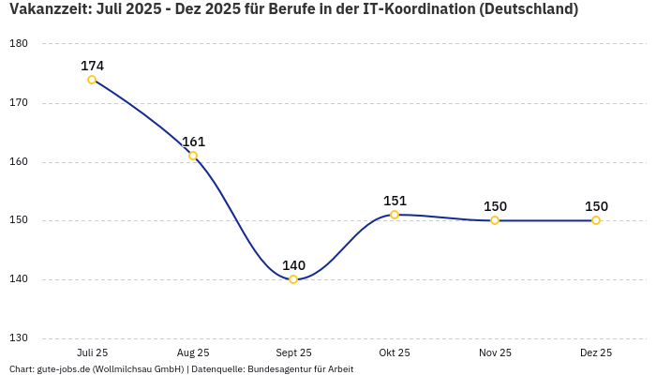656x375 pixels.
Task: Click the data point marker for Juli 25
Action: (92, 80)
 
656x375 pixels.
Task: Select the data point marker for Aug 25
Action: (193, 156)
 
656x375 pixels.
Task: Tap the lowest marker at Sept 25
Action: (293, 279)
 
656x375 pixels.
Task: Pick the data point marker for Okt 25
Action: (395, 215)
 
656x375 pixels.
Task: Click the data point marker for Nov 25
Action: (495, 220)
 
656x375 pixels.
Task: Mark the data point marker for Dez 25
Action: (596, 220)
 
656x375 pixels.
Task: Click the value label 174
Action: (92, 66)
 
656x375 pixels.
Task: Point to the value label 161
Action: (193, 142)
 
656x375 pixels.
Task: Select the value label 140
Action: (293, 265)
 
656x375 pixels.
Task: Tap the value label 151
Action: (395, 201)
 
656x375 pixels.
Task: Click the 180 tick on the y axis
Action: (19, 44)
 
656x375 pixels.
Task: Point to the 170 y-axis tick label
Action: (19, 103)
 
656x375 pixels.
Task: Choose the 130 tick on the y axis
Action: (19, 338)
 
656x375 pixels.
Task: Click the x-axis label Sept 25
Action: (293, 352)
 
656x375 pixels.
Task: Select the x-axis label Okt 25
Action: (395, 352)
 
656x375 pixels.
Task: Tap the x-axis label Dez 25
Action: (596, 352)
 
